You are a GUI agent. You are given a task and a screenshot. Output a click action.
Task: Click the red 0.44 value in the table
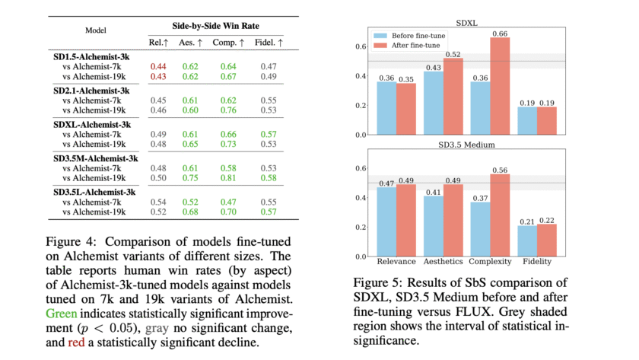pyautogui.click(x=158, y=66)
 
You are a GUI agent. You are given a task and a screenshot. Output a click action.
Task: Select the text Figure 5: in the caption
pyautogui.click(x=370, y=281)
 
